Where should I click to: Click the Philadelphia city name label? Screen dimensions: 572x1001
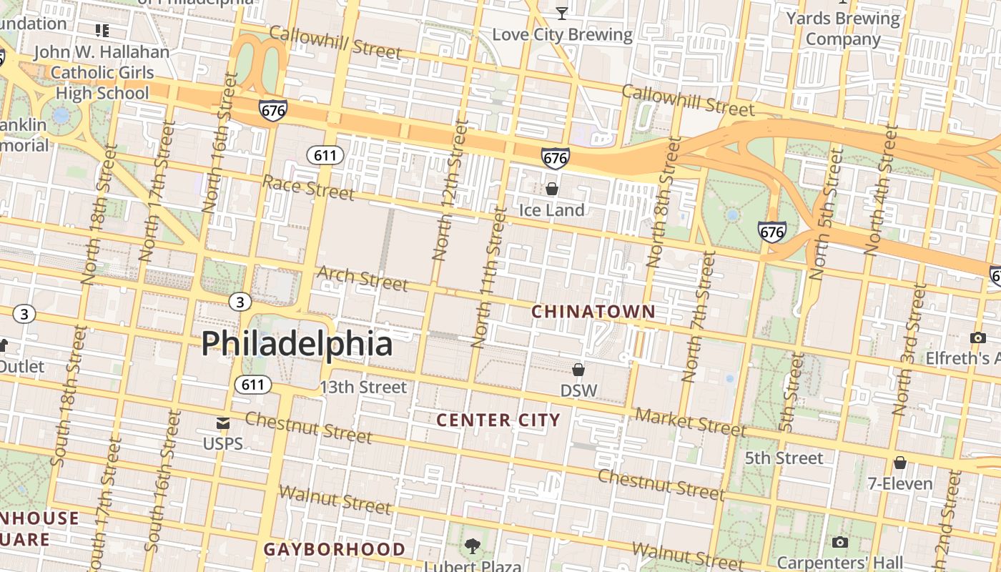(x=297, y=344)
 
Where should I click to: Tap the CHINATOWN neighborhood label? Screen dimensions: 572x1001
(x=593, y=312)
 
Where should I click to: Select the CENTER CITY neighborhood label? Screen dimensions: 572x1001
(x=498, y=420)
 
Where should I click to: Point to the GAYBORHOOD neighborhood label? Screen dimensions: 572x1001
(x=335, y=549)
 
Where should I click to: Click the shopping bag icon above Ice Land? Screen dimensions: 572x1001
(x=552, y=189)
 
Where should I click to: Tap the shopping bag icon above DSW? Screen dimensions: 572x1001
(x=578, y=370)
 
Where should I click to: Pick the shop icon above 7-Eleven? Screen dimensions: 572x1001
(x=900, y=463)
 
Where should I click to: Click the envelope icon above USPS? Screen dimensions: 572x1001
(x=223, y=423)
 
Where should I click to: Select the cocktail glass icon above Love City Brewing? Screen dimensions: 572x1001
(x=562, y=13)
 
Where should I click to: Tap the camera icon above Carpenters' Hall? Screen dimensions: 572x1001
(x=840, y=543)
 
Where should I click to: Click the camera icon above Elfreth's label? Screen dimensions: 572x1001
(x=977, y=337)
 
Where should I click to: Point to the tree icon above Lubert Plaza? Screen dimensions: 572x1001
(x=472, y=547)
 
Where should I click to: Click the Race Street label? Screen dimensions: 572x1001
(x=308, y=187)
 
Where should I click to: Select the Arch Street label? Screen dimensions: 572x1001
(x=362, y=278)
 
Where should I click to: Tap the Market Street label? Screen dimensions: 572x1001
(x=690, y=422)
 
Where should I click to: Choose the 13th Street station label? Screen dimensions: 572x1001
(x=363, y=388)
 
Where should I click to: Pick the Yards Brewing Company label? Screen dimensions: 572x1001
(x=843, y=29)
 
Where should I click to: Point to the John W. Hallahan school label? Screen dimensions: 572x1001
(x=102, y=72)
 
